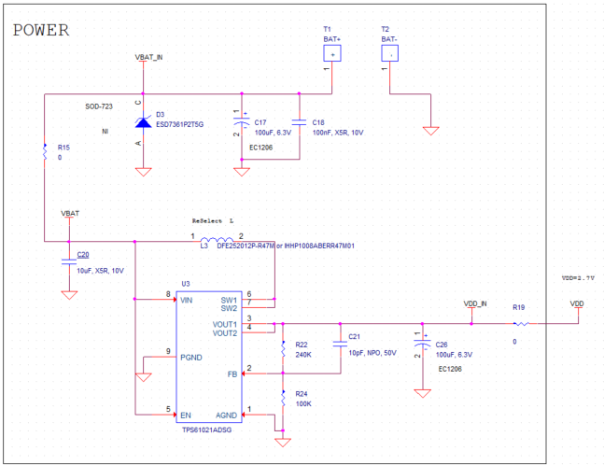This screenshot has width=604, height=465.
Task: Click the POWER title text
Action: click(41, 30)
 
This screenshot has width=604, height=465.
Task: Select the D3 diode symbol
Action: click(143, 121)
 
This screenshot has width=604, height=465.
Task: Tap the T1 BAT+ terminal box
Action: click(333, 53)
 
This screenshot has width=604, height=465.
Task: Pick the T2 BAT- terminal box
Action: click(390, 53)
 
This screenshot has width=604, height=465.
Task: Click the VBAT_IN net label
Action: click(149, 58)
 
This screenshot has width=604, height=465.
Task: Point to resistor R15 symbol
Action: click(45, 152)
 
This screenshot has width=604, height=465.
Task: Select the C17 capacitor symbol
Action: click(242, 122)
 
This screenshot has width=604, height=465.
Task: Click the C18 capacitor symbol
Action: click(299, 122)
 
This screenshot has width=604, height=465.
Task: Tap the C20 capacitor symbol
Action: click(68, 261)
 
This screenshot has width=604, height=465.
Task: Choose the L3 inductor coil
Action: click(218, 242)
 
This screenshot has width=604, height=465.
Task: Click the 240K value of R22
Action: click(302, 355)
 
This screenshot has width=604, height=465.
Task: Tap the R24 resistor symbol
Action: click(282, 400)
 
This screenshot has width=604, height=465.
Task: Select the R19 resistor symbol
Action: click(520, 324)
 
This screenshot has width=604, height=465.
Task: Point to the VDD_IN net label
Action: click(475, 304)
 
